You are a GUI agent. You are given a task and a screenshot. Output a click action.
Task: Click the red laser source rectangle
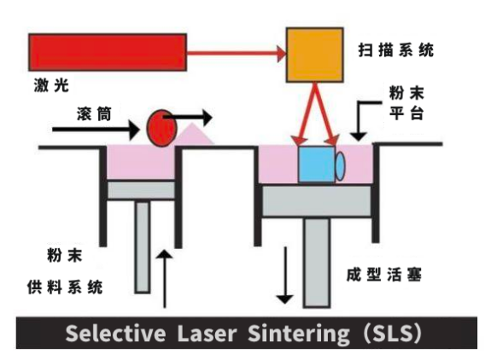pyautogui.click(x=107, y=53)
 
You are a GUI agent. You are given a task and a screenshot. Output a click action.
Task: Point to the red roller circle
pyautogui.click(x=160, y=128)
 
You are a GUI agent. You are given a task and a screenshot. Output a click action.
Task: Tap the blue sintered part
pyautogui.click(x=316, y=165)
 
